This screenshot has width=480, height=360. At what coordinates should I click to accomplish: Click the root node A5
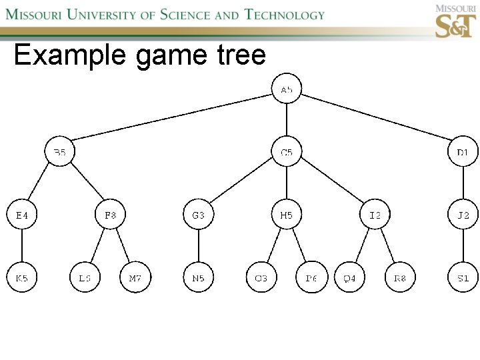[x=287, y=89]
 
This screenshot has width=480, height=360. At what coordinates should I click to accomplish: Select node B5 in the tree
[x=60, y=153]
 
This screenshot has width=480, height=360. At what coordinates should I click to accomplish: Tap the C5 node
[x=287, y=153]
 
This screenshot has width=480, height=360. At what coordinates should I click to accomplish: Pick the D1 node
[x=463, y=153]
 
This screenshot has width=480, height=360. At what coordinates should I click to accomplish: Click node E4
[x=22, y=215]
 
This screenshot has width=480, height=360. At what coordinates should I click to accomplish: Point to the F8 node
[x=111, y=215]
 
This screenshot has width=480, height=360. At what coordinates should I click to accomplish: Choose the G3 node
[x=199, y=215]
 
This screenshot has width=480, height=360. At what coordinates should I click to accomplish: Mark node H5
[x=287, y=215]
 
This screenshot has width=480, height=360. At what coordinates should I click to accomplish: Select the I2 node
[x=375, y=215]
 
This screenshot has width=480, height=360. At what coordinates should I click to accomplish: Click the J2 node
[x=463, y=215]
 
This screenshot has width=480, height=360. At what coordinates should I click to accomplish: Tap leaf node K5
[x=22, y=278]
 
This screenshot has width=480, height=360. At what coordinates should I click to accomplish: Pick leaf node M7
[x=135, y=278]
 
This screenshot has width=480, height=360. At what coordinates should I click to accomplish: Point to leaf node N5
[x=199, y=278]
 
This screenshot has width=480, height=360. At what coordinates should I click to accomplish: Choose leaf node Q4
[x=350, y=278]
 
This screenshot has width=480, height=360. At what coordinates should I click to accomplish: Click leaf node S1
[x=463, y=278]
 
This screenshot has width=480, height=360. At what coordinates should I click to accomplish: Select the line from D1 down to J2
[x=463, y=184]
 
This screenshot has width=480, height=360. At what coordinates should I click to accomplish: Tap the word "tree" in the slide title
[x=241, y=55]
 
